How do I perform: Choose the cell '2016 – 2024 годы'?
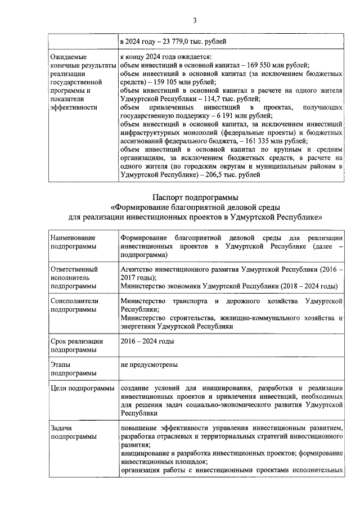coord(147,341)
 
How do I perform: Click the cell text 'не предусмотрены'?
coord(149,364)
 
